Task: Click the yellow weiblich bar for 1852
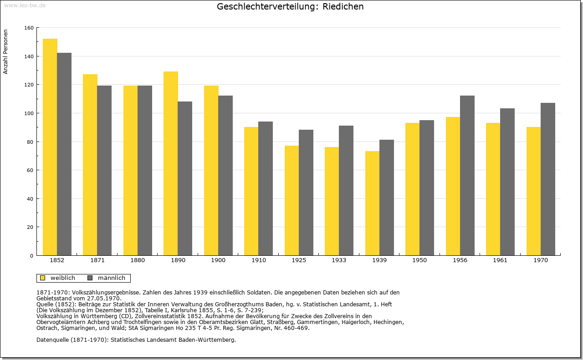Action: [50, 147]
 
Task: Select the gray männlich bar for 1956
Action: [467, 176]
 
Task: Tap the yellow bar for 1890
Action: [171, 163]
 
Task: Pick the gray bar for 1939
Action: [387, 198]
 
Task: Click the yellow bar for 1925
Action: [292, 201]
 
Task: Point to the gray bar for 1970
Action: [548, 179]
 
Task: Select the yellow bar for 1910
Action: [251, 191]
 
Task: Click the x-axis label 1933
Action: [339, 260]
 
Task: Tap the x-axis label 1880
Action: [138, 260]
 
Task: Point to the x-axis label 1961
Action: [500, 260]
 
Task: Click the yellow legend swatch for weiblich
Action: [43, 278]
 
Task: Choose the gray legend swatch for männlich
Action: [90, 278]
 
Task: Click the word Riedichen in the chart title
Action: [343, 6]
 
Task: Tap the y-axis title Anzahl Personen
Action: [5, 52]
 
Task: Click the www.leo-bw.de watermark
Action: [25, 5]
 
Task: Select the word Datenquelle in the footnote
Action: [52, 340]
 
